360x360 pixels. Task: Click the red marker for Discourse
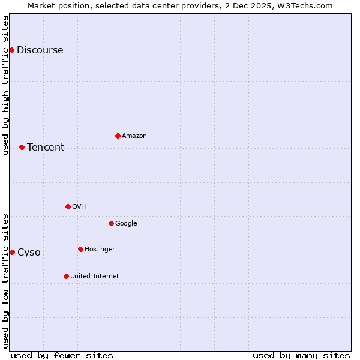[11, 50]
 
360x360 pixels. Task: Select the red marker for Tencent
[22, 147]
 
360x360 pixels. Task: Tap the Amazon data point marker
[118, 136]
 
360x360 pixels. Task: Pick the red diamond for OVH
[68, 206]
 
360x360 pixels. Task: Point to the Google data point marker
[111, 223]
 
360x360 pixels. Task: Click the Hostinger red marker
[80, 249]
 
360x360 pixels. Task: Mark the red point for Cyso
[12, 252]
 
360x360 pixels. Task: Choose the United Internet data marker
[66, 276]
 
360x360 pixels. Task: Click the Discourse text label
[40, 50]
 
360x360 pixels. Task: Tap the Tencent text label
[46, 148]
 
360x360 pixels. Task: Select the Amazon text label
[134, 136]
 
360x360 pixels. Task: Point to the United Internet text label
[95, 277]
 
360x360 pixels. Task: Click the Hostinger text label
[100, 250]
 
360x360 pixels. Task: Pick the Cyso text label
[29, 253]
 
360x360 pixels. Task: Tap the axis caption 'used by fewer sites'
[62, 355]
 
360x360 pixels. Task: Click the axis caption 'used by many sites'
[301, 355]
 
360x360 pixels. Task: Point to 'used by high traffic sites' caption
[5, 85]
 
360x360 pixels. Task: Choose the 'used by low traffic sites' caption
[5, 281]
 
